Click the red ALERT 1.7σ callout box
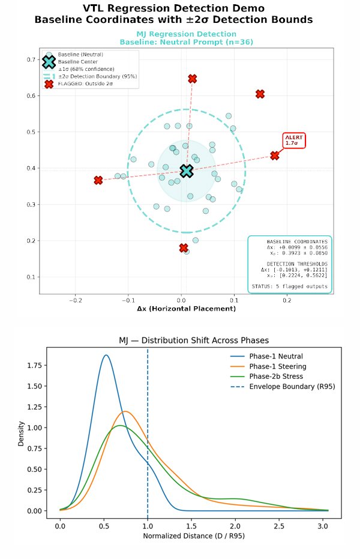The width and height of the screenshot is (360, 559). point(294,141)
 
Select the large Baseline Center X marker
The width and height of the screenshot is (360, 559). point(187,171)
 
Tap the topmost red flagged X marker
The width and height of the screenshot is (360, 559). point(192,79)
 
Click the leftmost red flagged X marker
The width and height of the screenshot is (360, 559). point(98,180)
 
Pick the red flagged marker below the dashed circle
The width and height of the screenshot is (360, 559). point(184,248)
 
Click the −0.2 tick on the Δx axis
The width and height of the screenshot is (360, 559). point(76,299)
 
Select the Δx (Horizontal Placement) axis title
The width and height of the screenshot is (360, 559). point(186,309)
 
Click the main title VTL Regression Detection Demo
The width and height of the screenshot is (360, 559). point(173,8)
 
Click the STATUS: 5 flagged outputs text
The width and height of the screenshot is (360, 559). point(290,286)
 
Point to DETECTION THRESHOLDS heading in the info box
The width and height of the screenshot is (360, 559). point(298,264)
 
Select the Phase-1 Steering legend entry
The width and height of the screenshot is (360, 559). point(278,366)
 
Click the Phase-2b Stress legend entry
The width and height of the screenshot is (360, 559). point(275,376)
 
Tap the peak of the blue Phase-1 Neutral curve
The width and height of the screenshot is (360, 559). point(106,355)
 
